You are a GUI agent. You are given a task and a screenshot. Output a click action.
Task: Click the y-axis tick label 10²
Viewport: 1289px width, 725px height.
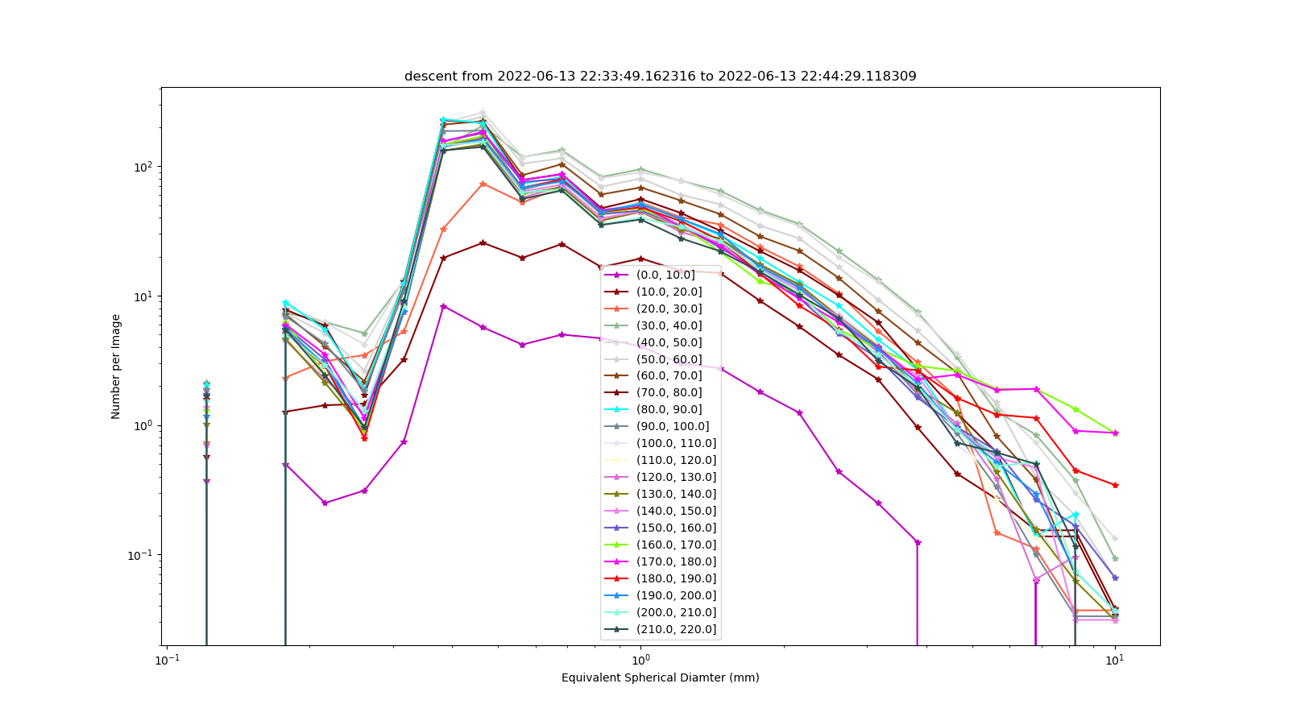pyautogui.click(x=144, y=167)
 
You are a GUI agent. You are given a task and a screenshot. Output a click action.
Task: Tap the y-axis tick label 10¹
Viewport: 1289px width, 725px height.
pyautogui.click(x=144, y=296)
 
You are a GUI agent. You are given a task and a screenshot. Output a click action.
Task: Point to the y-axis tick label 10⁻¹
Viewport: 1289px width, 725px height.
pyautogui.click(x=142, y=555)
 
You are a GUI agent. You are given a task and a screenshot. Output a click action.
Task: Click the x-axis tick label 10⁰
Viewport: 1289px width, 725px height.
pyautogui.click(x=640, y=660)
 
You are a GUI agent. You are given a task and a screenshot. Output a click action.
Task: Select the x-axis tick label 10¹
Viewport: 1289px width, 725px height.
pyautogui.click(x=1115, y=660)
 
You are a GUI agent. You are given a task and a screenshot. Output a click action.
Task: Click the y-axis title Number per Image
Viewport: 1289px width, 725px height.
pyautogui.click(x=116, y=367)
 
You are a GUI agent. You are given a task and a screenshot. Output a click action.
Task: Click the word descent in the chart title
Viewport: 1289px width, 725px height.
pyautogui.click(x=428, y=76)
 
